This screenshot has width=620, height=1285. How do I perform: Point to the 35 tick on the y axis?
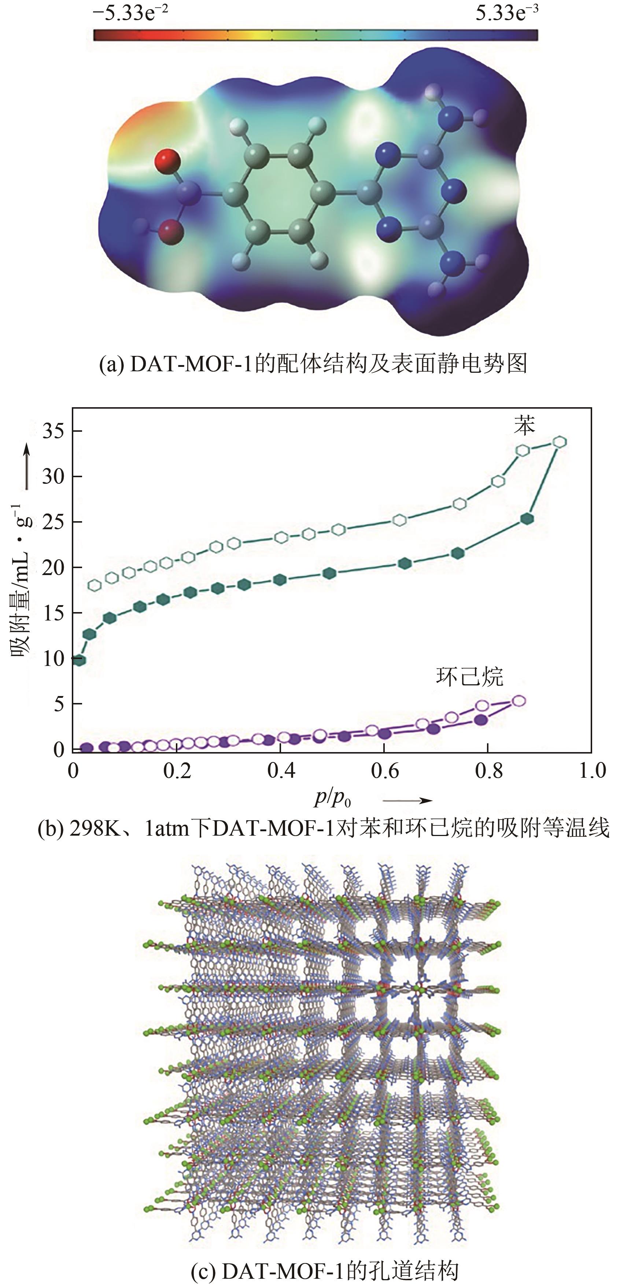(x=55, y=431)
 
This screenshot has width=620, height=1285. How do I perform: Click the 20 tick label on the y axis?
(x=55, y=568)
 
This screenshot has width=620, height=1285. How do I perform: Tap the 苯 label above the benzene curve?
(x=524, y=426)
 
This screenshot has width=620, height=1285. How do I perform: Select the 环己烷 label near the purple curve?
(x=469, y=677)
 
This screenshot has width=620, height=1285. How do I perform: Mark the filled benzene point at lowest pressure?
(x=79, y=660)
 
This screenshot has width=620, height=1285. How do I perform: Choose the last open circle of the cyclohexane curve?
(x=519, y=701)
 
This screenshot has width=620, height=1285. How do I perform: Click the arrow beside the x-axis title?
(x=407, y=800)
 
